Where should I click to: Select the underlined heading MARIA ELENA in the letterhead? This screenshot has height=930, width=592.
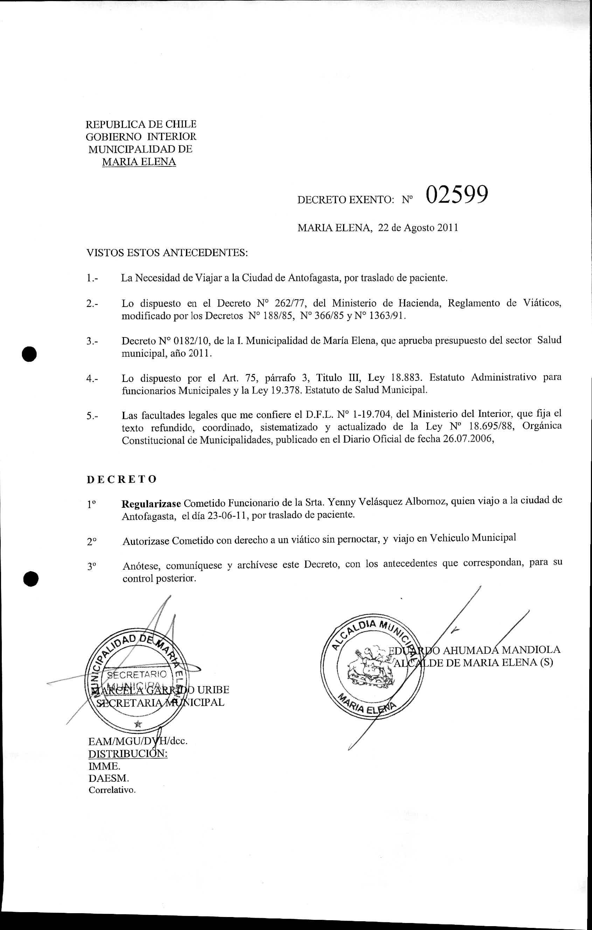[x=139, y=162]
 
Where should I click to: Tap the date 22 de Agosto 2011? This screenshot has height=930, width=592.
[x=418, y=228]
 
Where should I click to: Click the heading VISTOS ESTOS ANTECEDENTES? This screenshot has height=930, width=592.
[x=167, y=253]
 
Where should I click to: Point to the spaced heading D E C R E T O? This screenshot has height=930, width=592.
[x=121, y=479]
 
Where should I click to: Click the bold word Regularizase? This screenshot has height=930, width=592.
[x=151, y=504]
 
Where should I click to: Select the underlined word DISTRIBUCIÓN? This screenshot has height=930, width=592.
[x=128, y=754]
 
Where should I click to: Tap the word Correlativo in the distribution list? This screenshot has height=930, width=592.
[x=112, y=790]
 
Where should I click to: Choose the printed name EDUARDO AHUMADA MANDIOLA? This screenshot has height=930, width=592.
[x=474, y=650]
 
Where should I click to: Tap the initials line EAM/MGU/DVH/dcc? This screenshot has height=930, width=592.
[x=138, y=741]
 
